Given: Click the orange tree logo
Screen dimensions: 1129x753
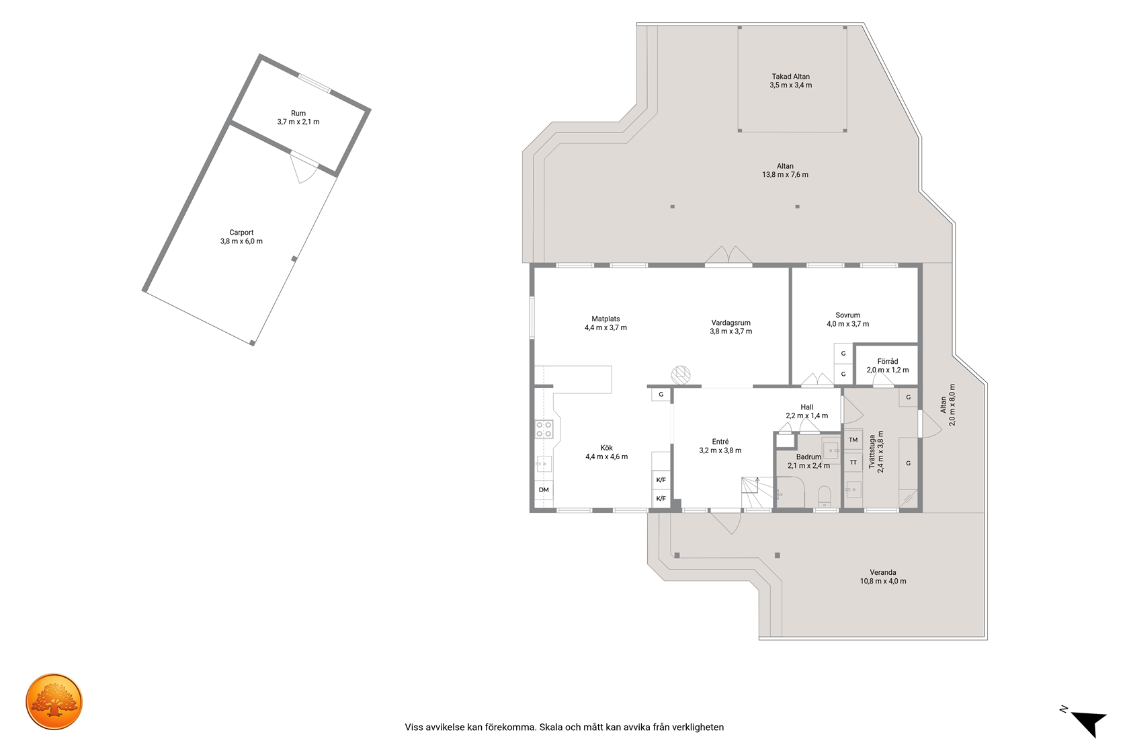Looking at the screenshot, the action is [54, 701].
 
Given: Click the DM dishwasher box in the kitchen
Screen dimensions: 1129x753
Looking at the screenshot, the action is [544, 489].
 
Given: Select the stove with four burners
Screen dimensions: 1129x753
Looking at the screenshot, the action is [544, 429].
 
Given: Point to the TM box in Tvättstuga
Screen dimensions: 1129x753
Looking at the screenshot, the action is [853, 440].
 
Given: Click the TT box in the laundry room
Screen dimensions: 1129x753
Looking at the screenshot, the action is [853, 463].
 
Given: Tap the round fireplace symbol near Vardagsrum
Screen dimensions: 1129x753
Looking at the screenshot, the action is [680, 374].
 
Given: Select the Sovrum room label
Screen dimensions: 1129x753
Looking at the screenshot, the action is [848, 315].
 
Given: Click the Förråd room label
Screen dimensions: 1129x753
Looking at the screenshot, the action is [888, 361].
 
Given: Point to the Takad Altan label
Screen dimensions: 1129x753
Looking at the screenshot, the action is [791, 77].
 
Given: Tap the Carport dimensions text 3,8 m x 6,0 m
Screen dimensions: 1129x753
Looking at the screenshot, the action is [241, 241].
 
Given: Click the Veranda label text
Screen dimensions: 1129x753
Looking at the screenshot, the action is [883, 572].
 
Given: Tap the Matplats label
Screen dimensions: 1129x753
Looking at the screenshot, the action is [606, 319].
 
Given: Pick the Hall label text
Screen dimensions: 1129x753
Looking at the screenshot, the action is [807, 407].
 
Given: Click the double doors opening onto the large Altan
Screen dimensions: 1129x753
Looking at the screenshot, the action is [728, 255].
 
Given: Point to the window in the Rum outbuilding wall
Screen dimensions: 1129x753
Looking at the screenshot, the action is [314, 83].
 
